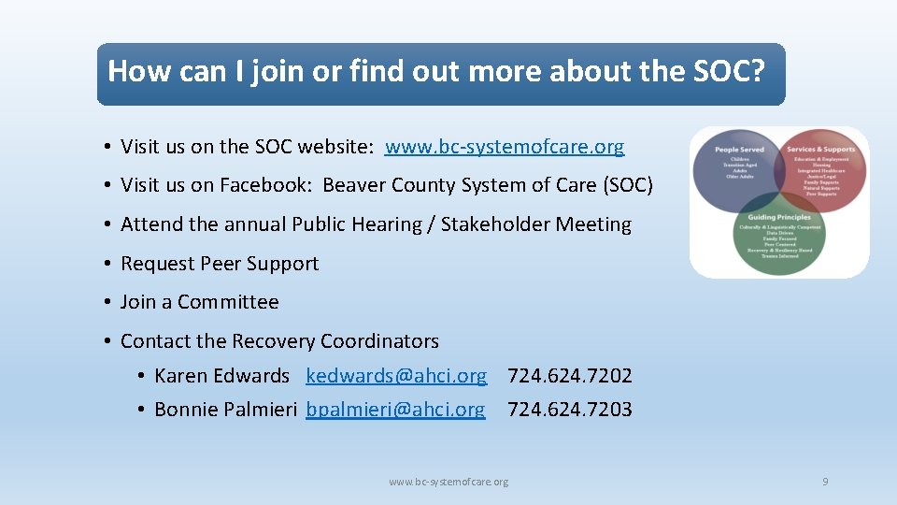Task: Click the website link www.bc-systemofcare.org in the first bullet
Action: pyautogui.click(x=504, y=147)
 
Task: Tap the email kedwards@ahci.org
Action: pyautogui.click(x=396, y=376)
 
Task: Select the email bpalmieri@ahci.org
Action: pyautogui.click(x=395, y=410)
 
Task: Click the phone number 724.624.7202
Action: pyautogui.click(x=569, y=376)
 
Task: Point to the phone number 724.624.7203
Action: pyautogui.click(x=569, y=410)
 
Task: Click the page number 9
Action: pyautogui.click(x=825, y=482)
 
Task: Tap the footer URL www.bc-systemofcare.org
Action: pyautogui.click(x=448, y=482)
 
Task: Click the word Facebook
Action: pyautogui.click(x=265, y=185)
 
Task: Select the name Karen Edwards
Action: pyautogui.click(x=221, y=376)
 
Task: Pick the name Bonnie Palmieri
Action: pyautogui.click(x=225, y=410)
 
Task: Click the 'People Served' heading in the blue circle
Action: pyautogui.click(x=739, y=150)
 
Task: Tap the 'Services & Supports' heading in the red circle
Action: pyautogui.click(x=820, y=150)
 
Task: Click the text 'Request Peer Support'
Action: pyautogui.click(x=220, y=264)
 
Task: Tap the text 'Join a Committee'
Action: pyautogui.click(x=199, y=302)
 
